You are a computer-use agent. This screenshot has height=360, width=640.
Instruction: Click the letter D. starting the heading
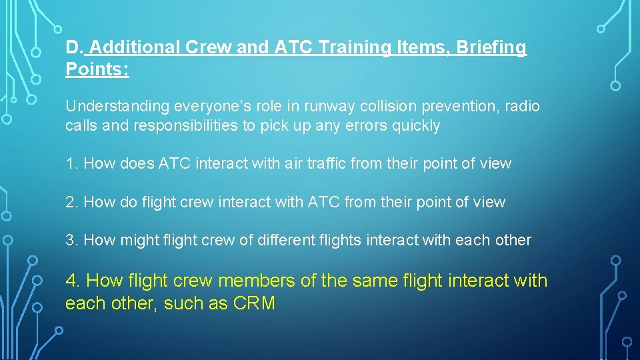coord(74,48)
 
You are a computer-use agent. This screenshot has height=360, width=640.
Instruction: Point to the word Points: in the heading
coord(97,69)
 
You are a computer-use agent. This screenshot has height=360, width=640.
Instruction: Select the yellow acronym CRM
coord(254,303)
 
